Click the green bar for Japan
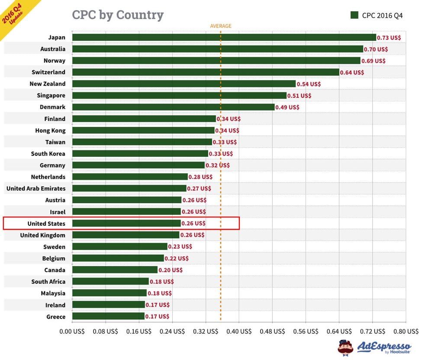pos(224,38)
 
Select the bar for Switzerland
pos(206,72)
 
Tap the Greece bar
pos(108,317)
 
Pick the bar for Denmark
pos(173,107)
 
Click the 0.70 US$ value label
pos(376,49)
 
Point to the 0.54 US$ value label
pos(309,84)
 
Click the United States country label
pos(46,224)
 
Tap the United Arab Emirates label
pos(36,188)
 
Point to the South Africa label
pos(48,282)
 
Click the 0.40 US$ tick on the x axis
pos(239,331)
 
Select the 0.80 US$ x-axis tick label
pos(406,331)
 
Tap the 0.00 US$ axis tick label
pos(72,331)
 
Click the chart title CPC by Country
pos(118,15)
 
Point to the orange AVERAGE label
pos(221,26)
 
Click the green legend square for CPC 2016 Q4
pos(354,15)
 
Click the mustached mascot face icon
pos(345,347)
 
